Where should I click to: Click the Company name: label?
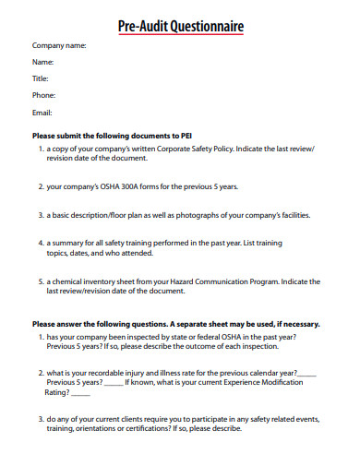coord(59,45)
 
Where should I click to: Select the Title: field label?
coord(42,78)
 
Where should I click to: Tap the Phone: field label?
coord(44,95)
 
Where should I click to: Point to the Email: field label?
coord(42,113)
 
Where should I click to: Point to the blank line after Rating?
coord(80,391)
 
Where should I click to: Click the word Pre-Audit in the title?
coord(141,28)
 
